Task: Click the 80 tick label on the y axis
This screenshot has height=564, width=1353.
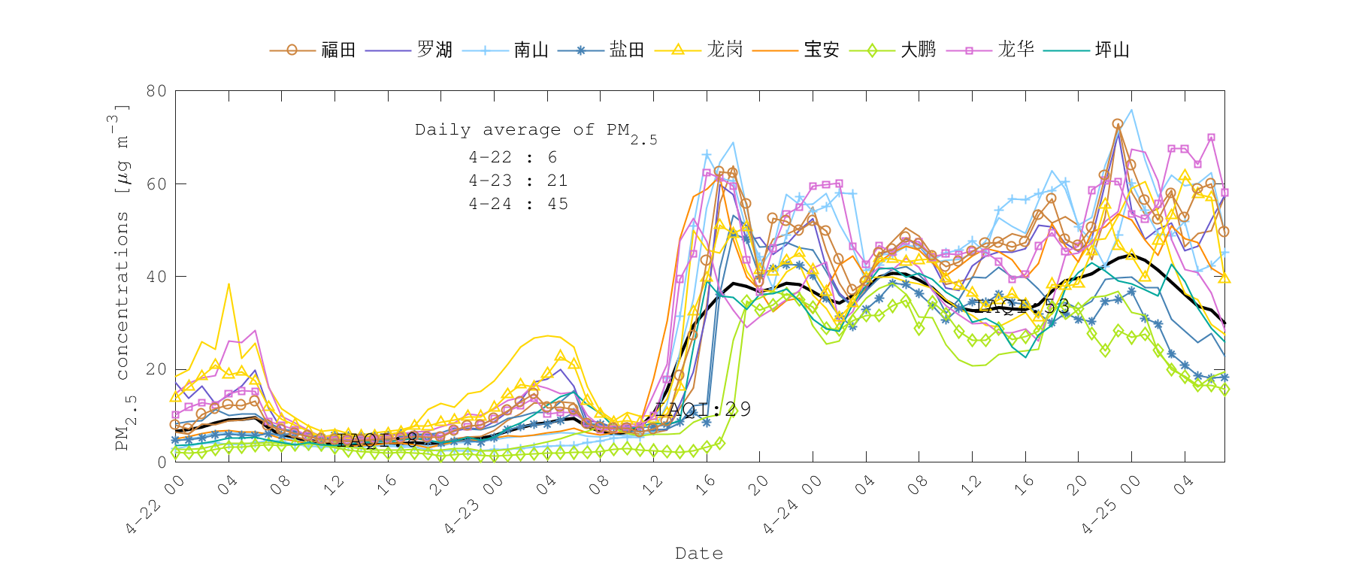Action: (x=156, y=91)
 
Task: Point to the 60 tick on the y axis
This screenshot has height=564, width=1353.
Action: (x=156, y=183)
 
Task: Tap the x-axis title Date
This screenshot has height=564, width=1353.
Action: (x=699, y=553)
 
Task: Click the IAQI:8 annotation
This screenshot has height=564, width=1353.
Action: (x=377, y=440)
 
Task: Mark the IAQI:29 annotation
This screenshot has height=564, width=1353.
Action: (x=703, y=409)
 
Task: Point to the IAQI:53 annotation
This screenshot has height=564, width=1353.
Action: (x=1022, y=306)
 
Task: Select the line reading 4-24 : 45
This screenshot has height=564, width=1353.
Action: (x=518, y=204)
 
